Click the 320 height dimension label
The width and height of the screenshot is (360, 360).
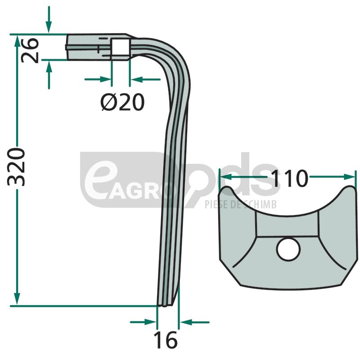click(x=16, y=167)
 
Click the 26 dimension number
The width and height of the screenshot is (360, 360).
click(x=30, y=50)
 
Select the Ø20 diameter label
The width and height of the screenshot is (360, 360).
click(x=122, y=102)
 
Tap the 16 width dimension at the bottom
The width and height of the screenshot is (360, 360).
click(x=166, y=340)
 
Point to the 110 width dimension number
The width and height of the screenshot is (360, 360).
click(x=289, y=178)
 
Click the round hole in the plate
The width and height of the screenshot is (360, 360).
click(x=288, y=250)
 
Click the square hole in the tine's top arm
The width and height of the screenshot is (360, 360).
click(x=120, y=47)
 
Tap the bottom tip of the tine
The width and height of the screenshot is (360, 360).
click(x=164, y=306)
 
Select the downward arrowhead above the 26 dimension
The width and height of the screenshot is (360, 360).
click(x=49, y=27)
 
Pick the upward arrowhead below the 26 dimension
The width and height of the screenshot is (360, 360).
click(x=49, y=66)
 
